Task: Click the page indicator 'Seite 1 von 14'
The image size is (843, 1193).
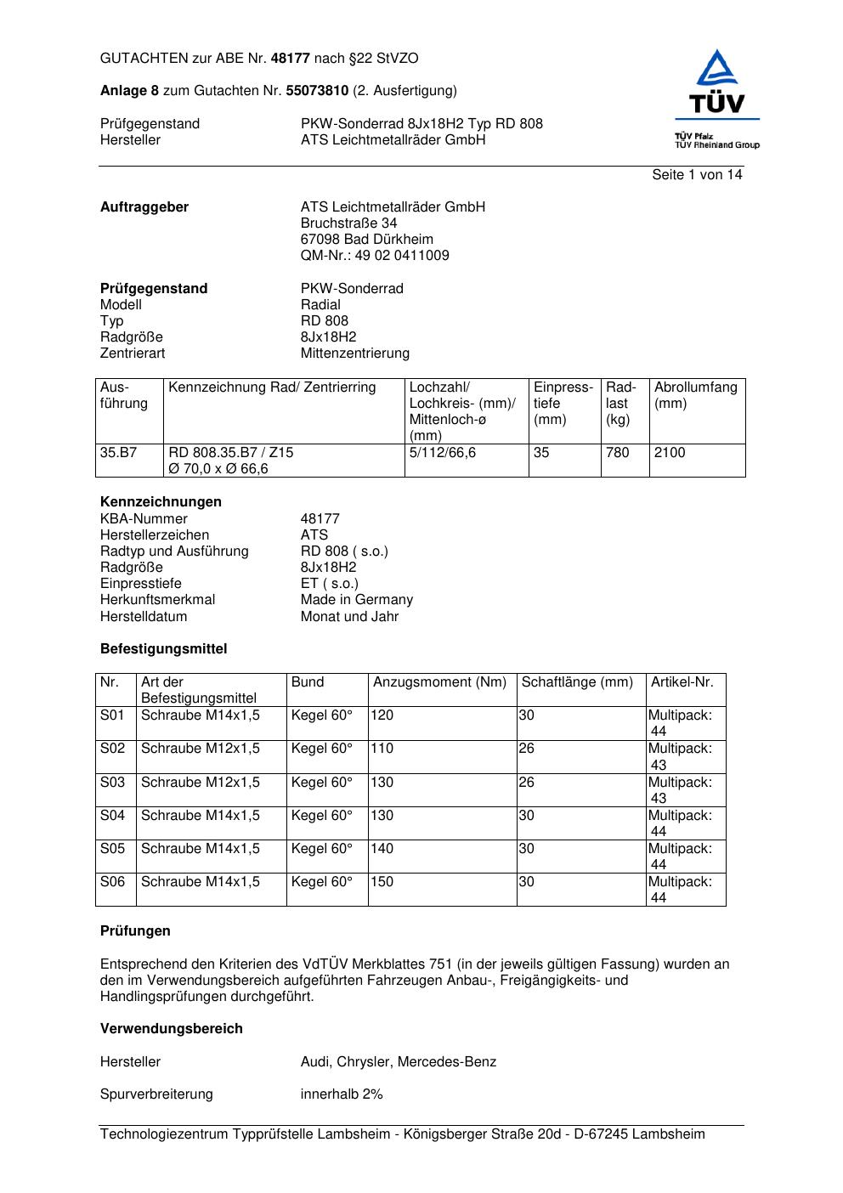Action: [x=697, y=175]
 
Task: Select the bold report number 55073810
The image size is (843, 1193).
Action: [x=317, y=91]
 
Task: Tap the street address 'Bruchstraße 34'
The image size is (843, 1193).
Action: [x=348, y=223]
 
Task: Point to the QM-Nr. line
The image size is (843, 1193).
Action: [x=375, y=256]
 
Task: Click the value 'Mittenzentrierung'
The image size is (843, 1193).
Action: [x=354, y=353]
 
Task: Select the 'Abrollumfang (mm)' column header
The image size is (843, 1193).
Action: [x=695, y=395]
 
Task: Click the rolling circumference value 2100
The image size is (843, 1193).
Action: [x=670, y=453]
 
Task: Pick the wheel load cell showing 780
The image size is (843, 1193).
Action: [x=618, y=453]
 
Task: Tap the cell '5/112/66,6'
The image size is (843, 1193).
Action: [x=443, y=453]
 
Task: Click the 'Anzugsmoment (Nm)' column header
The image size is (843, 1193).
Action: [x=439, y=682]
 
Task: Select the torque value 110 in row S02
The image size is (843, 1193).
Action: [x=382, y=749]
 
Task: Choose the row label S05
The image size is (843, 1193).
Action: [x=112, y=849]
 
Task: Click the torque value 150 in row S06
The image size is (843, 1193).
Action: [x=382, y=882]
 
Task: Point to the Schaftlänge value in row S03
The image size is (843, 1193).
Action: [x=527, y=783]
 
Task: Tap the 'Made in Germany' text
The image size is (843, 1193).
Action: [x=356, y=600]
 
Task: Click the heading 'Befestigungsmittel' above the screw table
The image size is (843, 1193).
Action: [x=164, y=649]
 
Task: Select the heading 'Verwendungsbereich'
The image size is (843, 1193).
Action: [x=172, y=1029]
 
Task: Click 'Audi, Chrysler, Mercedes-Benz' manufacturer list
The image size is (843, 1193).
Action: [x=398, y=1062]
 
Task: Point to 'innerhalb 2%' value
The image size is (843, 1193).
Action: [x=342, y=1094]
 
